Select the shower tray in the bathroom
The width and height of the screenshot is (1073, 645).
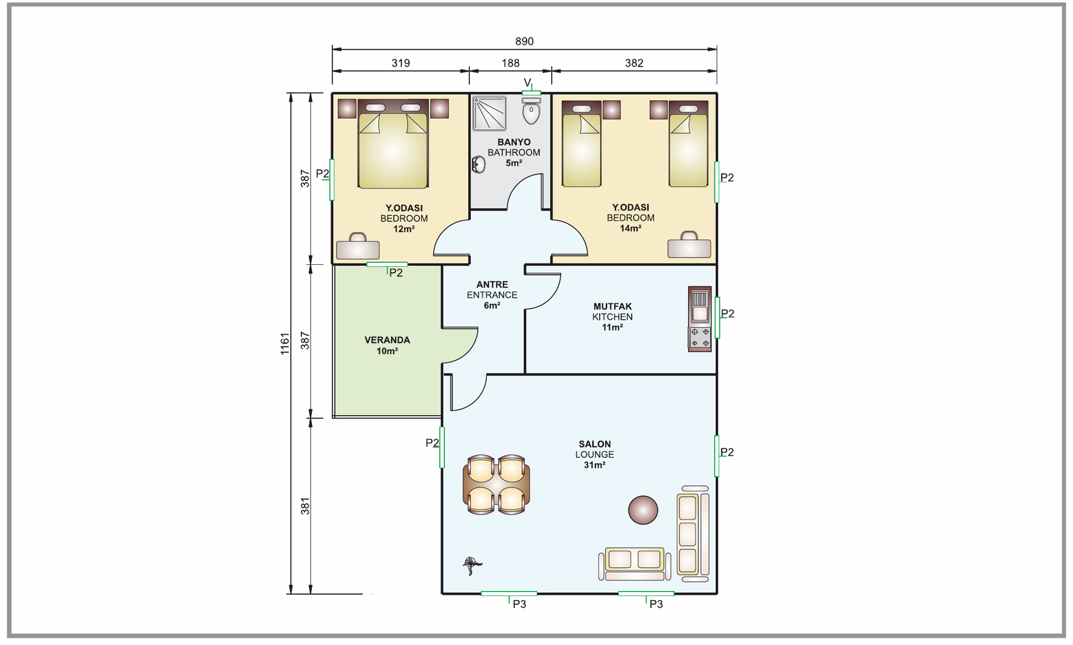pos(489,113)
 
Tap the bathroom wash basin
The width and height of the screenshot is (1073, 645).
pos(478,165)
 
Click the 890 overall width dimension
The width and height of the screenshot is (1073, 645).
pos(524,42)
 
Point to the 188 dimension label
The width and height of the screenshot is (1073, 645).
pos(510,63)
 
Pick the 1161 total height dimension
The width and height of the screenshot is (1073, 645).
pos(285,344)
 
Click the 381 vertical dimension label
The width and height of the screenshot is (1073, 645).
pos(305,506)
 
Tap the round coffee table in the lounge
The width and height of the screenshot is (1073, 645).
pos(643,510)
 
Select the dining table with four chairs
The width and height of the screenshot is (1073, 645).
pos(496,485)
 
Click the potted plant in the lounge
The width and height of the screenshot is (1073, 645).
pos(472,565)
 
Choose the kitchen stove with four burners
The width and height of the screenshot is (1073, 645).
pos(700,337)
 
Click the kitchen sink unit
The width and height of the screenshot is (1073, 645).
pos(700,306)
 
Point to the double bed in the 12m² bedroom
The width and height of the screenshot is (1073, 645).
pos(393,143)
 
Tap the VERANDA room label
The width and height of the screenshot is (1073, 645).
pos(387,340)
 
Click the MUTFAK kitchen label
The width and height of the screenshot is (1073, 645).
pos(612,306)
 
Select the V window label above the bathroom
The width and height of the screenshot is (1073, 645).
pos(527,83)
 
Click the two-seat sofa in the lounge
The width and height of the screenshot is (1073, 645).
pos(634,564)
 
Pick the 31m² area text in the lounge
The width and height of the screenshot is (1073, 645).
pos(594,465)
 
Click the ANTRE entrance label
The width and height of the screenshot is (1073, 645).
pos(492,284)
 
